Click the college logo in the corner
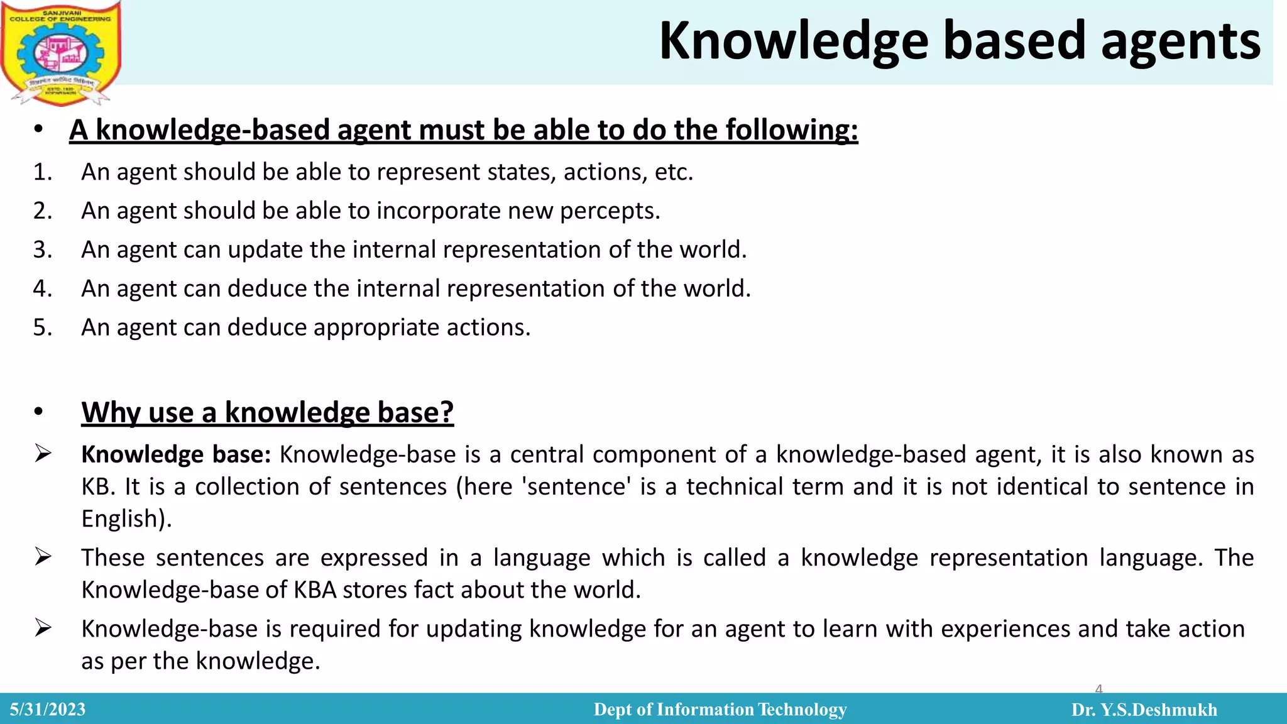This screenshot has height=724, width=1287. point(61,53)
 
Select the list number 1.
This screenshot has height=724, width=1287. point(42,172)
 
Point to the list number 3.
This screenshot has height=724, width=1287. point(42,250)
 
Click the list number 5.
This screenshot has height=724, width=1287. point(42,328)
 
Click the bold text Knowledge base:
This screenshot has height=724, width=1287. point(176,454)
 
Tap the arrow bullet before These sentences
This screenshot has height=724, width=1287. point(43,557)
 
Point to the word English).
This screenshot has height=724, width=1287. point(126,519)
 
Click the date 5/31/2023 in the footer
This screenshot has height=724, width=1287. point(48,710)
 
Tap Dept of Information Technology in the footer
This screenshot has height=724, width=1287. point(720,710)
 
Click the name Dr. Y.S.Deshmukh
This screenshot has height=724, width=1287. point(1144,710)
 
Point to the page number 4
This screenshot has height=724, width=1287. point(1098,689)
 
